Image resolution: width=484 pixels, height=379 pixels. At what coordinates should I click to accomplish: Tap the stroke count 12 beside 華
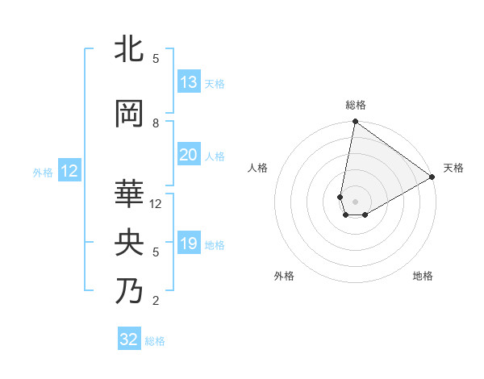tap(156, 204)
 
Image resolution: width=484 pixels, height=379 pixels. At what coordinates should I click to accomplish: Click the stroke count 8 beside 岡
tap(156, 123)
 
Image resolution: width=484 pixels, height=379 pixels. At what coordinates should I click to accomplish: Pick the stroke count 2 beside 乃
tap(156, 301)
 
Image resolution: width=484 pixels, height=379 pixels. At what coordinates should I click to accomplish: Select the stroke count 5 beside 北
tap(156, 58)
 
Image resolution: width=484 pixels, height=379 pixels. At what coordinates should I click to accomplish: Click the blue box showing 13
tap(188, 82)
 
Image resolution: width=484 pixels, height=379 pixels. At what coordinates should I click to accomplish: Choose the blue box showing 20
tap(188, 155)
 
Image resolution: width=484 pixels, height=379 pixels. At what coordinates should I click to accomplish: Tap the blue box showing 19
tap(188, 244)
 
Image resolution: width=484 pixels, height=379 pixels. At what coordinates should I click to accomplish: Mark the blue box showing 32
tap(129, 339)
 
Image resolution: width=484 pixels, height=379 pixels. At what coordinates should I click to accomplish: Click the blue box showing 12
tap(69, 171)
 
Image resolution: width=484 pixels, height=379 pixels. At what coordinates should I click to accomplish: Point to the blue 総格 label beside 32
tap(156, 341)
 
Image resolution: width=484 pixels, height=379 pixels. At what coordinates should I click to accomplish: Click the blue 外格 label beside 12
tap(43, 172)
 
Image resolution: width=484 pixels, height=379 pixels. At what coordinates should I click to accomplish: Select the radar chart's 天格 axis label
tap(453, 168)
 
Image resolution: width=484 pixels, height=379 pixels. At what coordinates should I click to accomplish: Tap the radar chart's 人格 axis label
tap(257, 168)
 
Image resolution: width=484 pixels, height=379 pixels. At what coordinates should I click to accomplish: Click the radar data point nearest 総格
tap(354, 122)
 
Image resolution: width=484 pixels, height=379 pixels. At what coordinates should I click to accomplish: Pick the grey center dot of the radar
tap(354, 200)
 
